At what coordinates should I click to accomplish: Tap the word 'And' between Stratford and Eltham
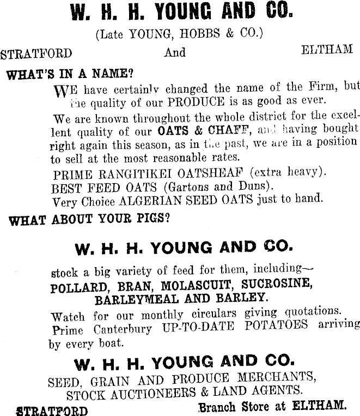(x=175, y=53)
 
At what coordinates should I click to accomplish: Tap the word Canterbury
(x=122, y=329)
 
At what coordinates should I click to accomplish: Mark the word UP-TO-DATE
(x=199, y=327)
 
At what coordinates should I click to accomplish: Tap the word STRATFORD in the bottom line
(x=52, y=409)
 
